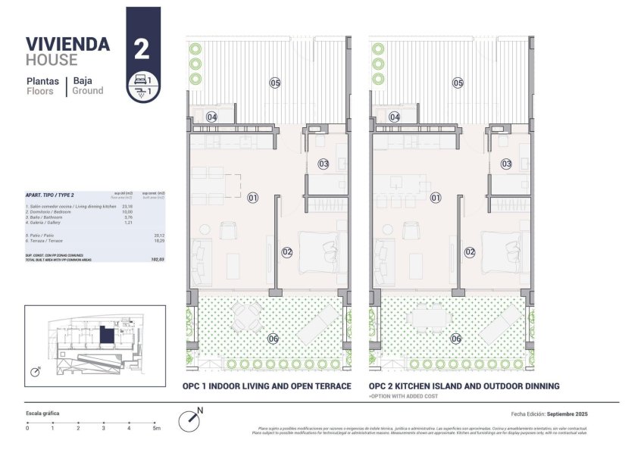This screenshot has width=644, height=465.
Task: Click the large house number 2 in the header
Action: [x=141, y=50]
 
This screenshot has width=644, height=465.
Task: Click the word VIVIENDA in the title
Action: [x=67, y=44]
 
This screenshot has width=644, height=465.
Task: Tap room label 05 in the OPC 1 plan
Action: [x=275, y=83]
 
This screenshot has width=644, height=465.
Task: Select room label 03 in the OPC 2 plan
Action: [x=507, y=164]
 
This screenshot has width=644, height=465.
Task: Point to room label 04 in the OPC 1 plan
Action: [x=212, y=117]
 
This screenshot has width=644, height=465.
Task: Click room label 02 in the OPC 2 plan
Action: [x=470, y=252]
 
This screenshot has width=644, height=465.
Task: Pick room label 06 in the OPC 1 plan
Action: [x=273, y=339]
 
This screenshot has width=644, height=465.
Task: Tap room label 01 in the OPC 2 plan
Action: [x=436, y=198]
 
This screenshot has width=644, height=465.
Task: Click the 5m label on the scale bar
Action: [x=156, y=429]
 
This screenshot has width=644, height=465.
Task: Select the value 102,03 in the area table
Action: [x=158, y=260]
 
